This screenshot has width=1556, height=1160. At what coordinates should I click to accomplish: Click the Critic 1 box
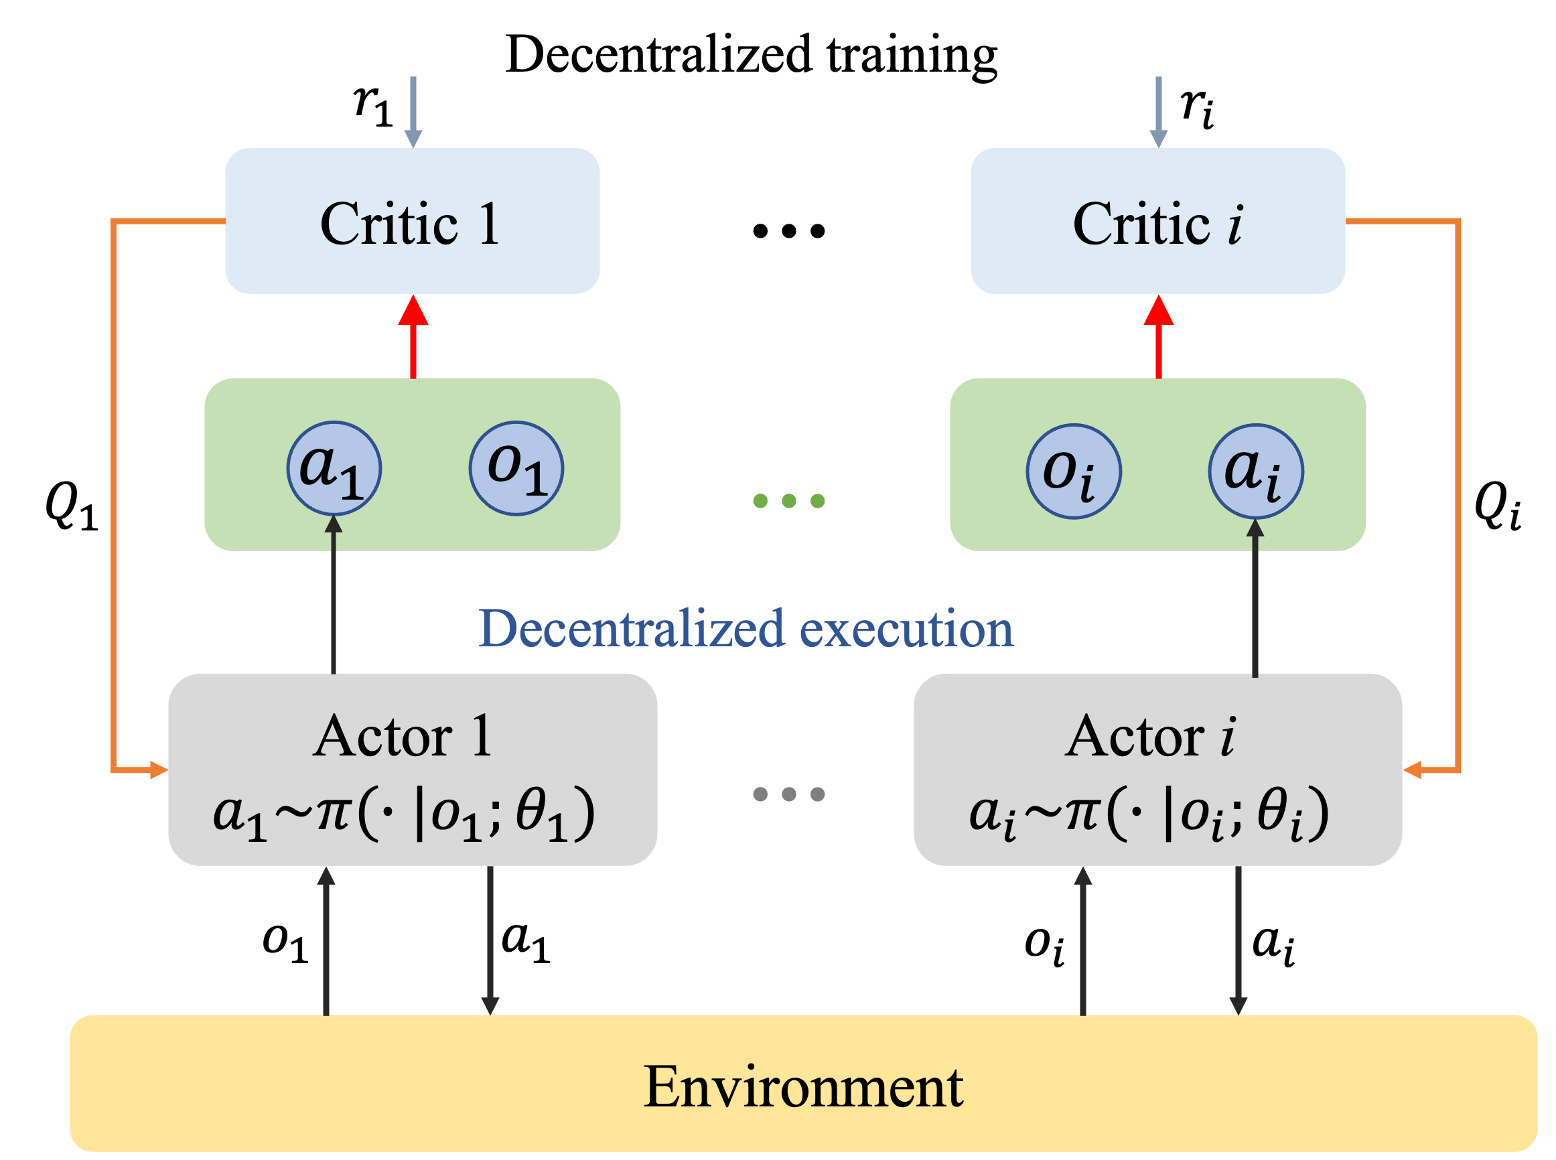(x=412, y=220)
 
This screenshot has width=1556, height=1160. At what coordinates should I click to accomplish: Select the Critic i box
(x=1157, y=220)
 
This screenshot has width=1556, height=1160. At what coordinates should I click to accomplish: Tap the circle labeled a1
(x=334, y=468)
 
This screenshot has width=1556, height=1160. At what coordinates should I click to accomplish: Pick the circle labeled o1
(x=516, y=468)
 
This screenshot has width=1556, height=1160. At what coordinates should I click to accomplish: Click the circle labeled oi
(x=1073, y=471)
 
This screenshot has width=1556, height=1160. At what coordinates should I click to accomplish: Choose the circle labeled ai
(x=1255, y=471)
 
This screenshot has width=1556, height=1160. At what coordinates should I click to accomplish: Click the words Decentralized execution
(x=746, y=628)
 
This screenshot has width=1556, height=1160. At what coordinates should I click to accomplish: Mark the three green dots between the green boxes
(x=788, y=501)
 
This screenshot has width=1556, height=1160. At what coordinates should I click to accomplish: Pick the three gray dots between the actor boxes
(x=788, y=794)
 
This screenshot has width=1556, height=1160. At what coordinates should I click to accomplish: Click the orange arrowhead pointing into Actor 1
(x=159, y=770)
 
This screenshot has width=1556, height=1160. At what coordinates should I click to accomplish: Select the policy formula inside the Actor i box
(x=1149, y=814)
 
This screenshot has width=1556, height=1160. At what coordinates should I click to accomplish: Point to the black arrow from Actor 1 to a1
(x=334, y=597)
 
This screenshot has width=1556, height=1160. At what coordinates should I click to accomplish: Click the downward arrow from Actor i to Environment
(x=1238, y=941)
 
